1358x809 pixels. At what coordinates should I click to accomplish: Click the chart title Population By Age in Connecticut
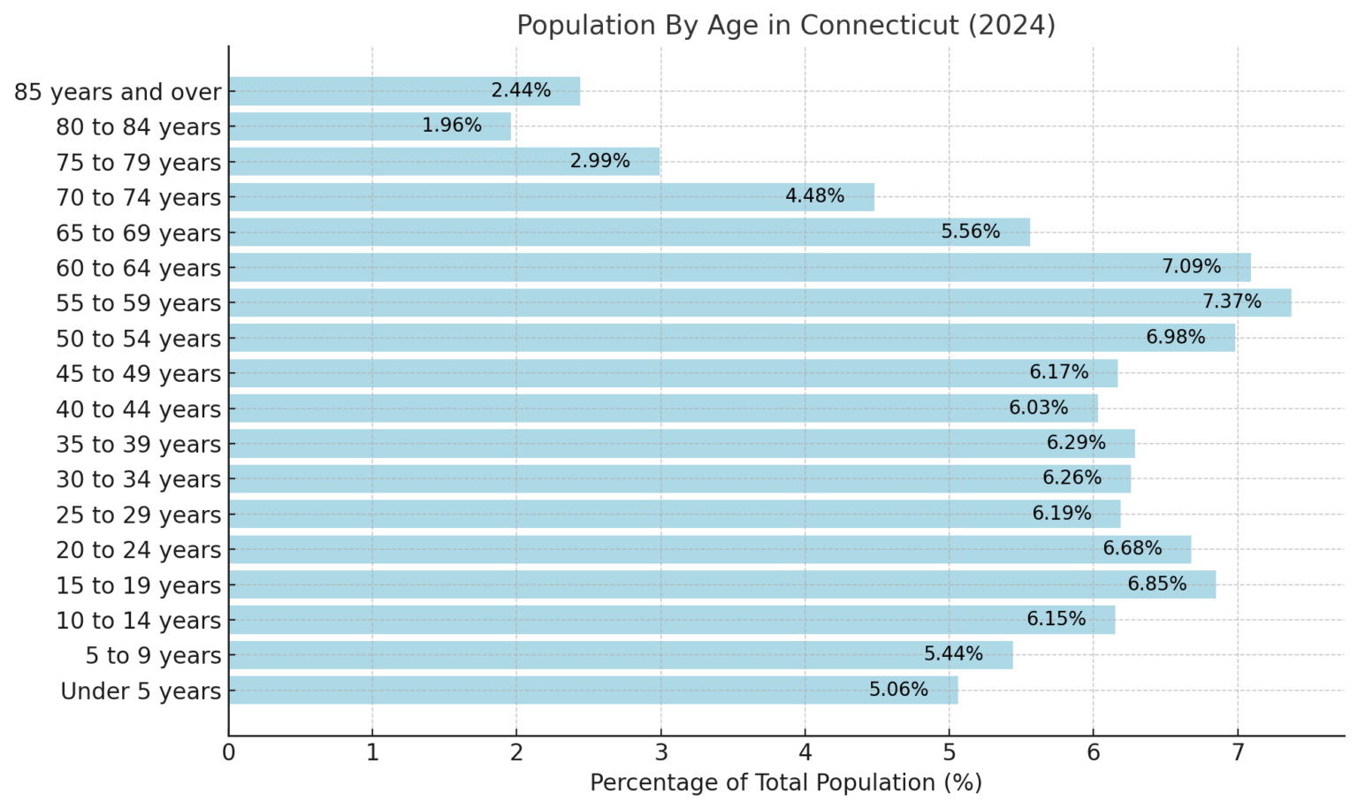pos(785,25)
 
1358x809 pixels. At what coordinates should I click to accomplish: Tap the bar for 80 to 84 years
pos(370,126)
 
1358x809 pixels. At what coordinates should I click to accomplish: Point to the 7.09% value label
pos(1191,267)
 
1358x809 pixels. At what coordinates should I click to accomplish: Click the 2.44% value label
pos(521,90)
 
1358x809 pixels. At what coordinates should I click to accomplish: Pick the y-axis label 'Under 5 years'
pos(141,691)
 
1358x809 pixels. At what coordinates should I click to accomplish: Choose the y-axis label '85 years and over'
pos(118,92)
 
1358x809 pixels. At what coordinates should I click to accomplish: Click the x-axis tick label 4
pos(805,753)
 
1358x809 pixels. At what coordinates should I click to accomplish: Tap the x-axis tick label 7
pos(1237,753)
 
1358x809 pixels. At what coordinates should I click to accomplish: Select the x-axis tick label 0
pos(228,753)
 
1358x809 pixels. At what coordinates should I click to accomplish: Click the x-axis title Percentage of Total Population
pos(785,783)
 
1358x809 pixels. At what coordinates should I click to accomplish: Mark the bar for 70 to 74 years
pos(551,197)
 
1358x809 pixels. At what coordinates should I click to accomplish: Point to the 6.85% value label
pos(1156,584)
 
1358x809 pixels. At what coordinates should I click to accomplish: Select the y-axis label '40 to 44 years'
pos(138,409)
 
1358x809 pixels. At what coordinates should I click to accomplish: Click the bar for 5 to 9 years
pos(620,655)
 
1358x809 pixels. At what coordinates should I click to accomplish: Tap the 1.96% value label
pos(452,126)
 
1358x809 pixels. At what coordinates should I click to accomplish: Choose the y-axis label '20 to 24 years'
pos(138,550)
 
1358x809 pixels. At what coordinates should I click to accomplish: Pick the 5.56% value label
pos(970,232)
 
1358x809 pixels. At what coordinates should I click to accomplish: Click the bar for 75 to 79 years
pos(444,162)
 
